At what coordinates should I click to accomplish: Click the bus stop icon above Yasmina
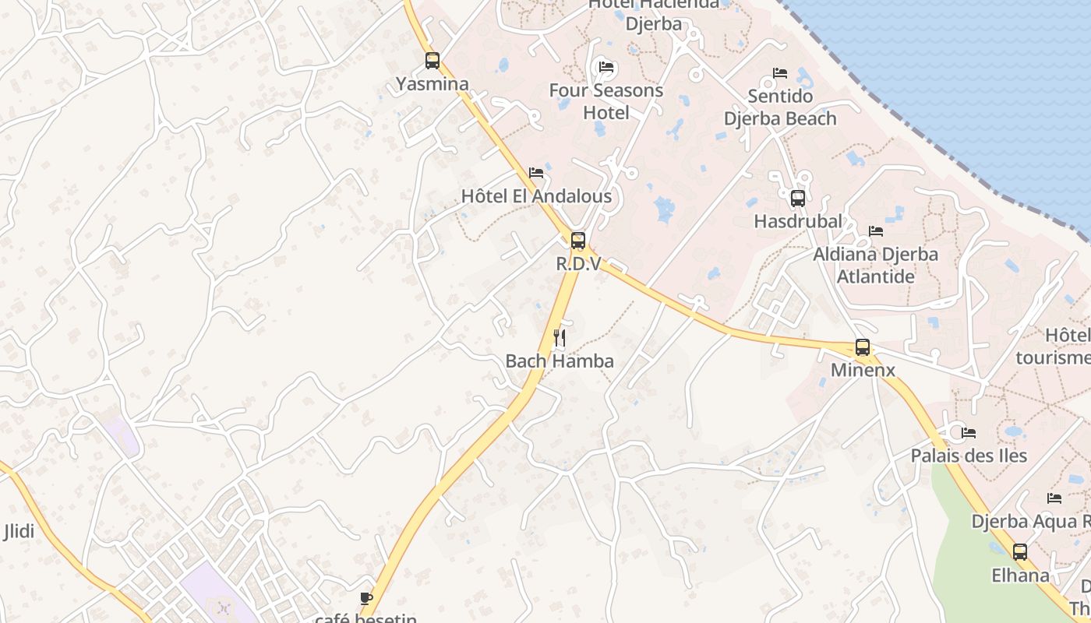(433, 60)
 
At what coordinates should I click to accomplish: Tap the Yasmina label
(433, 84)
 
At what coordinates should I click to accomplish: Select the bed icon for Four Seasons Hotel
(606, 67)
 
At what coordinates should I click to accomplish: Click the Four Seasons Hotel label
(606, 101)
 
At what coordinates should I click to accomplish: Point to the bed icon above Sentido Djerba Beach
(780, 73)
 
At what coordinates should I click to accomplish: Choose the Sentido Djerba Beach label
(780, 107)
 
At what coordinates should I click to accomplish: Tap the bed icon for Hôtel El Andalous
(536, 173)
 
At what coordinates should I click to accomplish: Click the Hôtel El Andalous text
(536, 196)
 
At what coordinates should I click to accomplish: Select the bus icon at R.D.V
(578, 241)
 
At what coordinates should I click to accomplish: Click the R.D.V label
(578, 264)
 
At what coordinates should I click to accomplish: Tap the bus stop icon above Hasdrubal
(798, 198)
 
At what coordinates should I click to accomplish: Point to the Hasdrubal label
(798, 221)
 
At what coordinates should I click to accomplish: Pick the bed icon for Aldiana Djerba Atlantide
(876, 231)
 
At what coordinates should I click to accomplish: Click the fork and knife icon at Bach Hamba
(560, 337)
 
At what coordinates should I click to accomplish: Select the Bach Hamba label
(560, 361)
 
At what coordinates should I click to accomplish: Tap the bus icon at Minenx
(863, 347)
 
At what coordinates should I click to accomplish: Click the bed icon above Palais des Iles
(969, 433)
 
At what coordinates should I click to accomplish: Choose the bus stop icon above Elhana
(1020, 552)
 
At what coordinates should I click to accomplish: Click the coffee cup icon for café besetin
(366, 598)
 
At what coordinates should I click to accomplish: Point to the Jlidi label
(19, 532)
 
